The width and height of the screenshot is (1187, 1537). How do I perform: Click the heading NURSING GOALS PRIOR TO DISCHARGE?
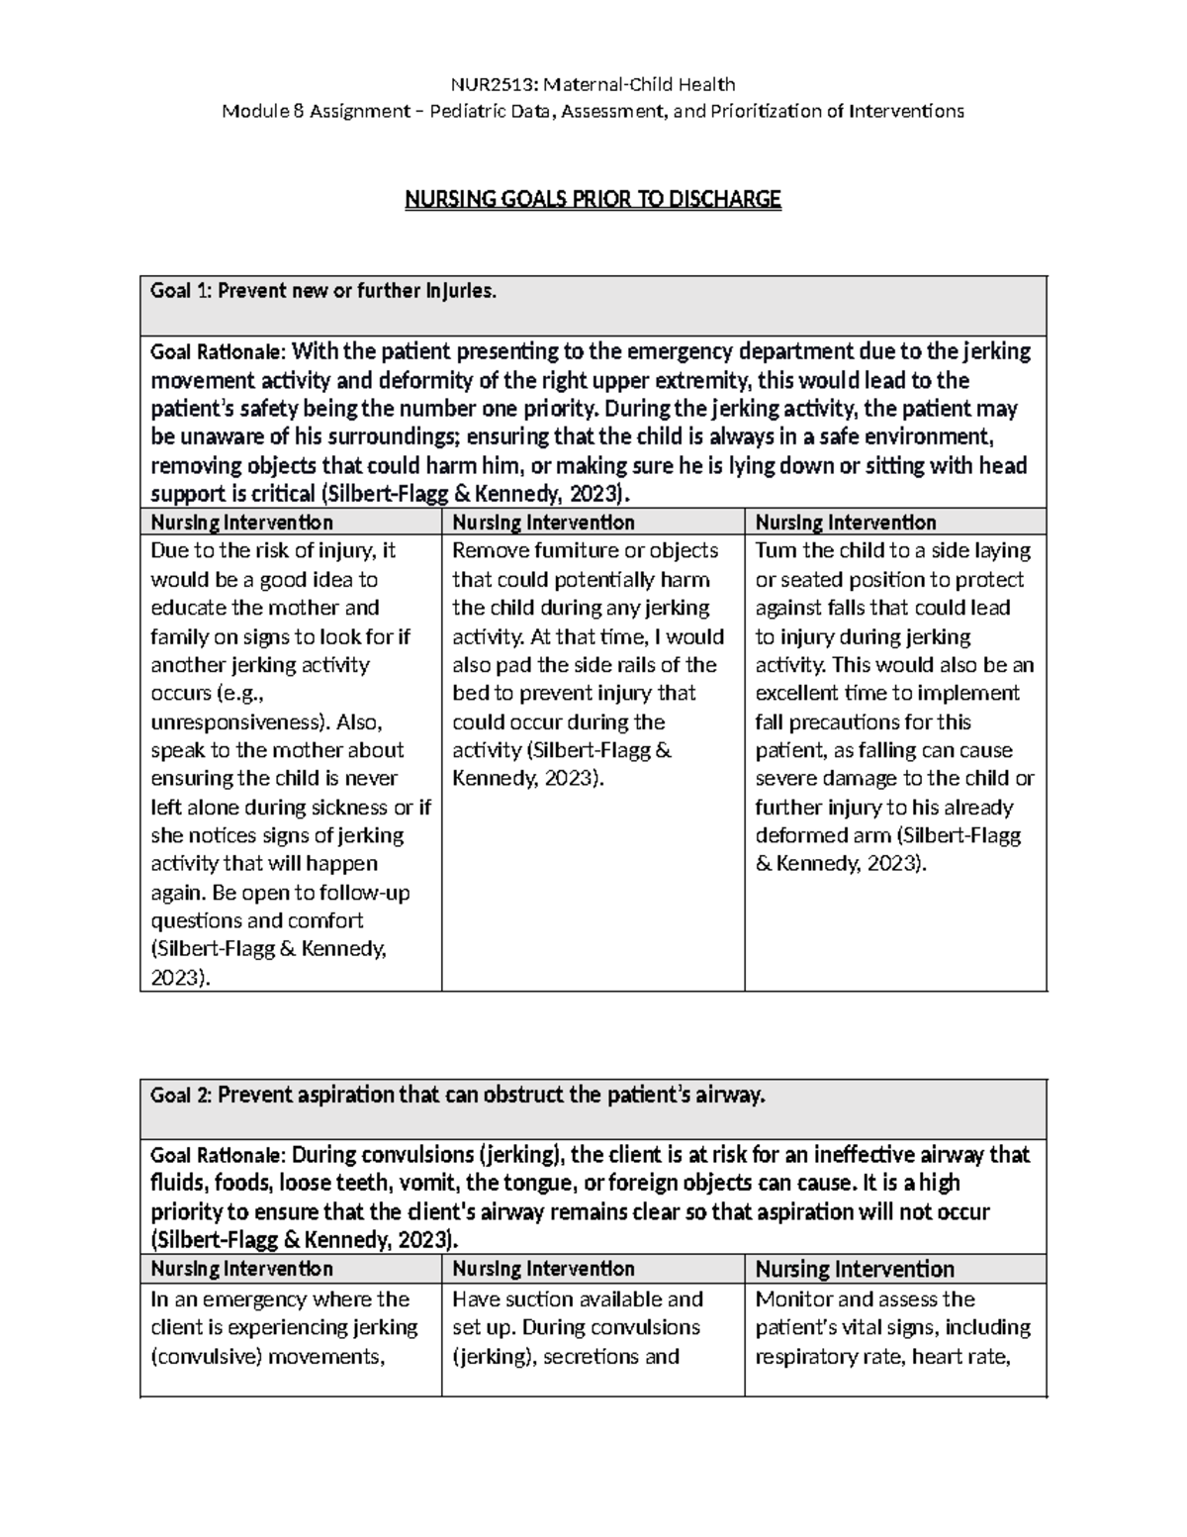tap(593, 200)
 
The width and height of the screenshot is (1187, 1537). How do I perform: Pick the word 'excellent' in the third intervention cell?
tap(802, 693)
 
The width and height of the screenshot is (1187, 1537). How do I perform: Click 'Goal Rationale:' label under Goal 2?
tap(217, 1155)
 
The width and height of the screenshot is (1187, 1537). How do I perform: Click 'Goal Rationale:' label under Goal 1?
tap(217, 352)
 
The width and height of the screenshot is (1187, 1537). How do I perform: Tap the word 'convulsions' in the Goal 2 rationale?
tap(418, 1154)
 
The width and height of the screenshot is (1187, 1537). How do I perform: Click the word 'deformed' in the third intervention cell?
tap(797, 835)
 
